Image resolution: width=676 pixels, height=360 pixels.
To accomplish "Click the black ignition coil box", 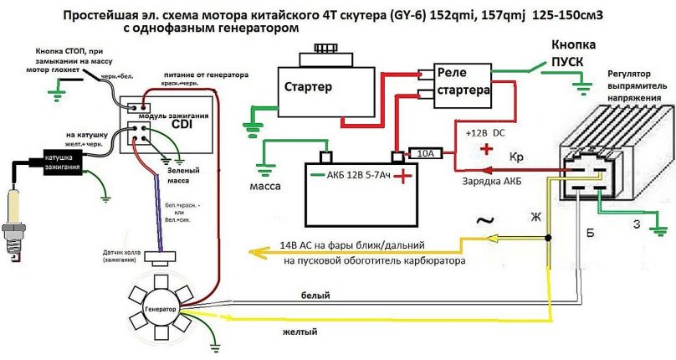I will [x=54, y=162].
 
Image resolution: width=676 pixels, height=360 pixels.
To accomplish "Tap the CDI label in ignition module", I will [x=182, y=125].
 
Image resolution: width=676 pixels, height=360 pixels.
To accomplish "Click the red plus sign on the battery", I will [x=405, y=176].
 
